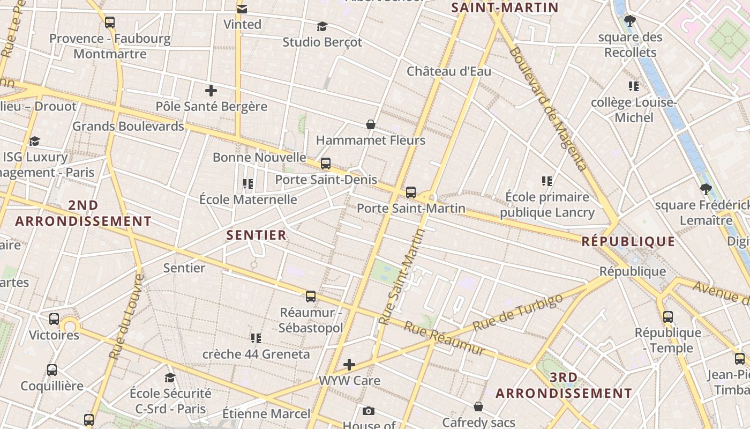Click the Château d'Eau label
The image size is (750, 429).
[x=448, y=71]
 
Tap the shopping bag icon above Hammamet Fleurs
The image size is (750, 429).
[x=370, y=124]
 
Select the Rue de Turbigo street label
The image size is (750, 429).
[x=518, y=312]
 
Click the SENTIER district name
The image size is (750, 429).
[x=256, y=235]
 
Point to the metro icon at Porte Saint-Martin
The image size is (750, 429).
[x=411, y=192]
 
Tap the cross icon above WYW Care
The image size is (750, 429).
[x=349, y=365]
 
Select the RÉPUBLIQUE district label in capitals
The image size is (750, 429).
[x=628, y=241]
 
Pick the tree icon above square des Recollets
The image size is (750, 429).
[x=630, y=21]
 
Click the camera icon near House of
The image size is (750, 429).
[x=368, y=411]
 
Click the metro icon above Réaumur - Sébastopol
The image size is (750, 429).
[x=310, y=297]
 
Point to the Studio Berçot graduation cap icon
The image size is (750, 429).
[x=322, y=26]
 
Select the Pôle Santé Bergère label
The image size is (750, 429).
[x=211, y=106]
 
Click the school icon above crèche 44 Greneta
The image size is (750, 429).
[x=256, y=338]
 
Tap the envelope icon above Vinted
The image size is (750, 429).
[x=242, y=9]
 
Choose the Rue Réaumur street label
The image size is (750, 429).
[x=444, y=338]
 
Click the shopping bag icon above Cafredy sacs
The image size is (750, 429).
[x=478, y=407]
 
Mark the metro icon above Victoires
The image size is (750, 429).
[x=54, y=319]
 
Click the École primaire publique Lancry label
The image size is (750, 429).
[x=547, y=205]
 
